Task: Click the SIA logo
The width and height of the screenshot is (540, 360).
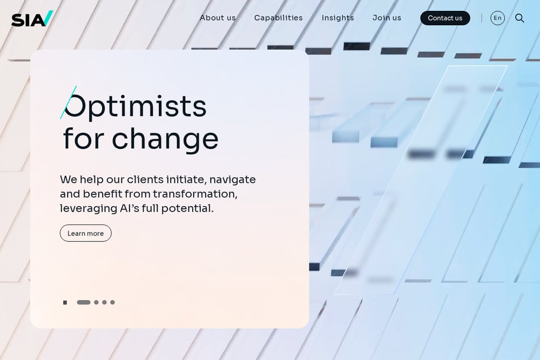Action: tap(32, 18)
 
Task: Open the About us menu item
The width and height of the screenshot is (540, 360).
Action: tap(218, 18)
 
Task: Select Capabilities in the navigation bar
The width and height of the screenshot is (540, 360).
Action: tap(278, 18)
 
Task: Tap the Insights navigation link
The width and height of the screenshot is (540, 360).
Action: tap(337, 18)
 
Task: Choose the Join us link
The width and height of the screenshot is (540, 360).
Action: tap(387, 18)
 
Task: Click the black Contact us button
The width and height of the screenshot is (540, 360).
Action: tap(445, 18)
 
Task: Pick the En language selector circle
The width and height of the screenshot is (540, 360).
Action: tap(497, 18)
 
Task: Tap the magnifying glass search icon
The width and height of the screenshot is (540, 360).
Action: tap(519, 18)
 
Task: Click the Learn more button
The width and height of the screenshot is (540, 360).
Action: tap(86, 233)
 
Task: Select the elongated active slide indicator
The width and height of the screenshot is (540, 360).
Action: tap(84, 303)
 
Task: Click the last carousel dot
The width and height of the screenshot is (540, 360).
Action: tap(112, 303)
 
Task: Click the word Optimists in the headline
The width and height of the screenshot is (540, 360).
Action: tap(136, 106)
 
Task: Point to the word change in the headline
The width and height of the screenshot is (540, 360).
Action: tap(165, 139)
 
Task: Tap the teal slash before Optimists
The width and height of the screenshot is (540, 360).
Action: tap(68, 103)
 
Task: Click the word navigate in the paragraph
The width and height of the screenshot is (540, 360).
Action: tap(232, 180)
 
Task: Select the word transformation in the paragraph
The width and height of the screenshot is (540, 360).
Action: tap(195, 194)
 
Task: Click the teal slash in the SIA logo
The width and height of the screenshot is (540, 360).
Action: tap(49, 18)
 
